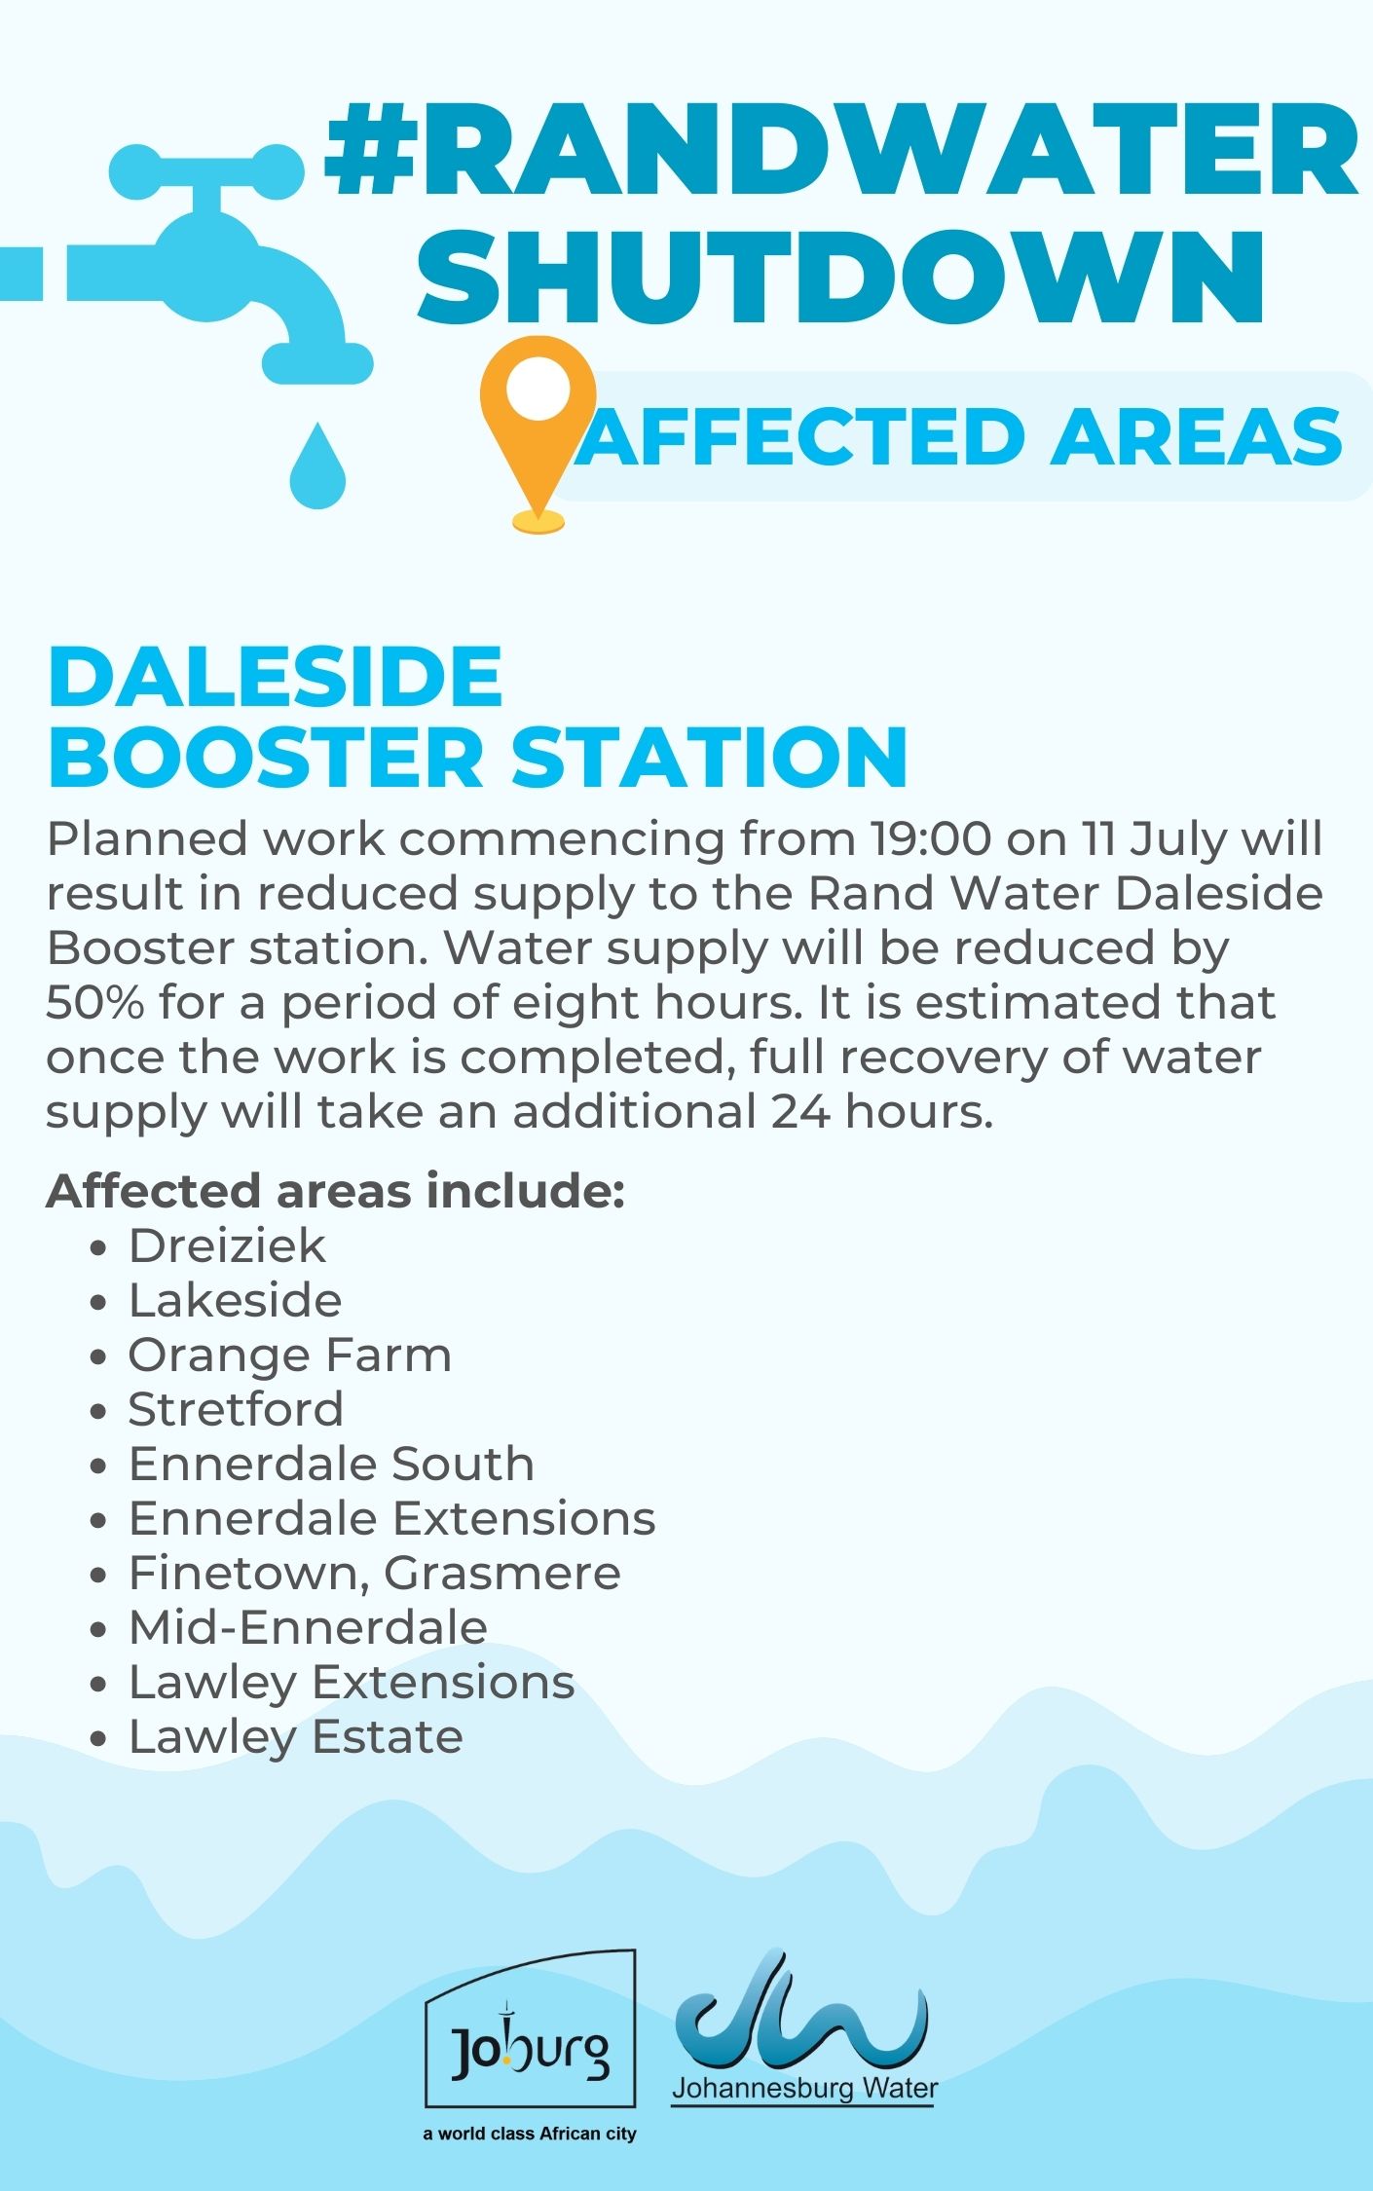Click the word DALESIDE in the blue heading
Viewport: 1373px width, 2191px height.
pyautogui.click(x=275, y=677)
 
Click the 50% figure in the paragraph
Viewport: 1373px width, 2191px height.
pyautogui.click(x=94, y=1002)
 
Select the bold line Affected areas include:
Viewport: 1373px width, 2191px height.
pyautogui.click(x=335, y=1191)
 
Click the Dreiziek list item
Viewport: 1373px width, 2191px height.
pyautogui.click(x=227, y=1245)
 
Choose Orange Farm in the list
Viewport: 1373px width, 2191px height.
pyautogui.click(x=290, y=1355)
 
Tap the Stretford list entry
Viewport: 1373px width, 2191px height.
pyautogui.click(x=236, y=1409)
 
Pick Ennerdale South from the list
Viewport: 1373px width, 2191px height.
pyautogui.click(x=331, y=1464)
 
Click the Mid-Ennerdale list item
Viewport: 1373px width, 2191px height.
pyautogui.click(x=308, y=1627)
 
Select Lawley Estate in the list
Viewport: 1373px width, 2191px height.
pyautogui.click(x=296, y=1736)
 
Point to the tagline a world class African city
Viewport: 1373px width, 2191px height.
pyautogui.click(x=530, y=2134)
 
